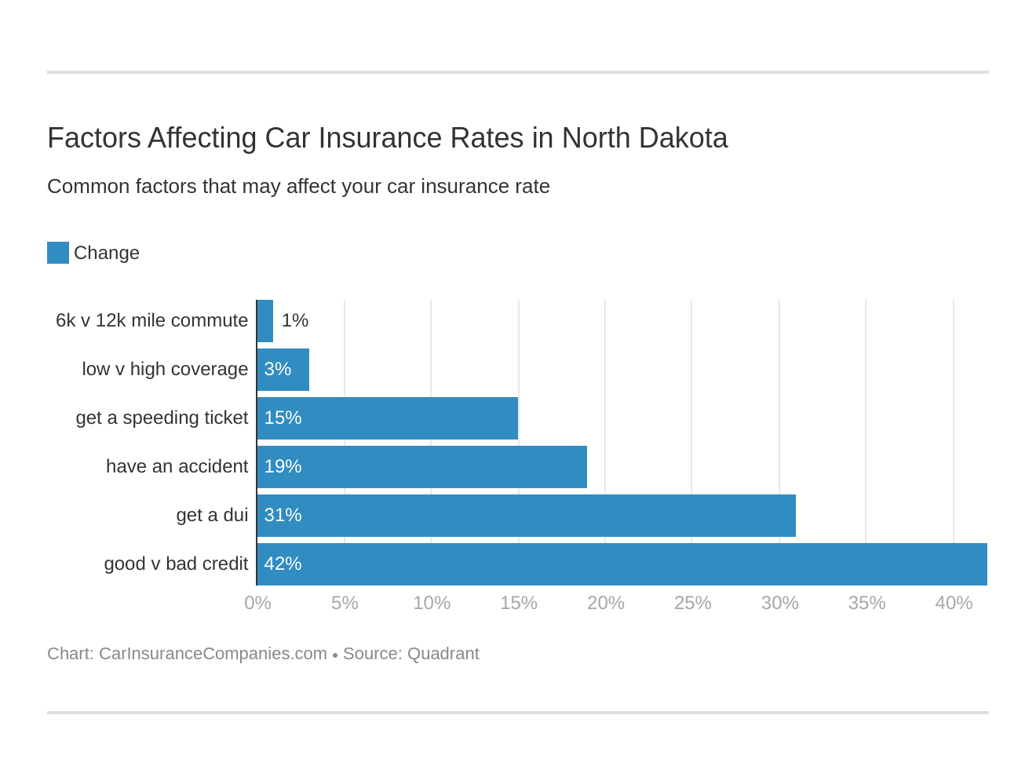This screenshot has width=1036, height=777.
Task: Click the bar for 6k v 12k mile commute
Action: (265, 321)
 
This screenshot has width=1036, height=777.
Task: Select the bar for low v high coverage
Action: (283, 370)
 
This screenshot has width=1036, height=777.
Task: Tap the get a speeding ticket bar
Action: (388, 418)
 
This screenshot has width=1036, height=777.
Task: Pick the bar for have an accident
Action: (422, 467)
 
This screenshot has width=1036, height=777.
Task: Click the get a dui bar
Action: (527, 516)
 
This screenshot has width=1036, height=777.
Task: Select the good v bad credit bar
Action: (622, 564)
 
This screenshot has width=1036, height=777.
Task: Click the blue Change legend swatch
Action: (58, 253)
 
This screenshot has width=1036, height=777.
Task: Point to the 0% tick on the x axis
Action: (257, 603)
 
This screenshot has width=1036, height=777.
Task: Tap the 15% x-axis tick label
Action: (519, 603)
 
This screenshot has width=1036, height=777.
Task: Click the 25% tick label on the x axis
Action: (692, 603)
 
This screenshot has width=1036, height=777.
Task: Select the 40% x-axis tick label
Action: (954, 603)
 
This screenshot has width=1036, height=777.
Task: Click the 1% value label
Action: (295, 320)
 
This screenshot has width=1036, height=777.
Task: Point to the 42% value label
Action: (283, 564)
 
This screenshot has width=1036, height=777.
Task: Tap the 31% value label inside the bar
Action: (283, 515)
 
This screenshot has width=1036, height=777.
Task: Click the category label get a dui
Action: (212, 515)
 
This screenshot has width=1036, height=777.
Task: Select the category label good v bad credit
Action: (176, 564)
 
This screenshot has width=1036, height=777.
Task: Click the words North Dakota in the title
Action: (644, 138)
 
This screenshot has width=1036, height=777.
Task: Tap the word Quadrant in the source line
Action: (443, 654)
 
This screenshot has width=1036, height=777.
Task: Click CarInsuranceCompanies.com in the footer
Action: (213, 654)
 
